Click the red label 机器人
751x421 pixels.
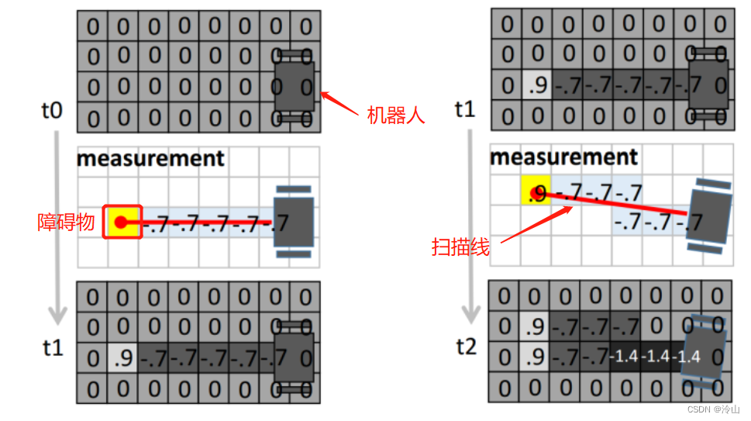click(396, 116)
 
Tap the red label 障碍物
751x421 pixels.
click(66, 223)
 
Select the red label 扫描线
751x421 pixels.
click(460, 247)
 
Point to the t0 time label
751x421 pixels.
click(51, 111)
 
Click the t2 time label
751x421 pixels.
click(466, 346)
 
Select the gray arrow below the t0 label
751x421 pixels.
click(56, 225)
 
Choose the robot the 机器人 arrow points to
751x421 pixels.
click(295, 85)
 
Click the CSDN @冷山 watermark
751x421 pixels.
click(713, 409)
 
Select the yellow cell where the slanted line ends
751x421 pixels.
click(535, 192)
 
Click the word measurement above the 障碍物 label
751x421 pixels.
click(150, 159)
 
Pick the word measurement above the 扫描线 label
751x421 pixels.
click(563, 157)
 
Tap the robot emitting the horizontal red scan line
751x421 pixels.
click(293, 221)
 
